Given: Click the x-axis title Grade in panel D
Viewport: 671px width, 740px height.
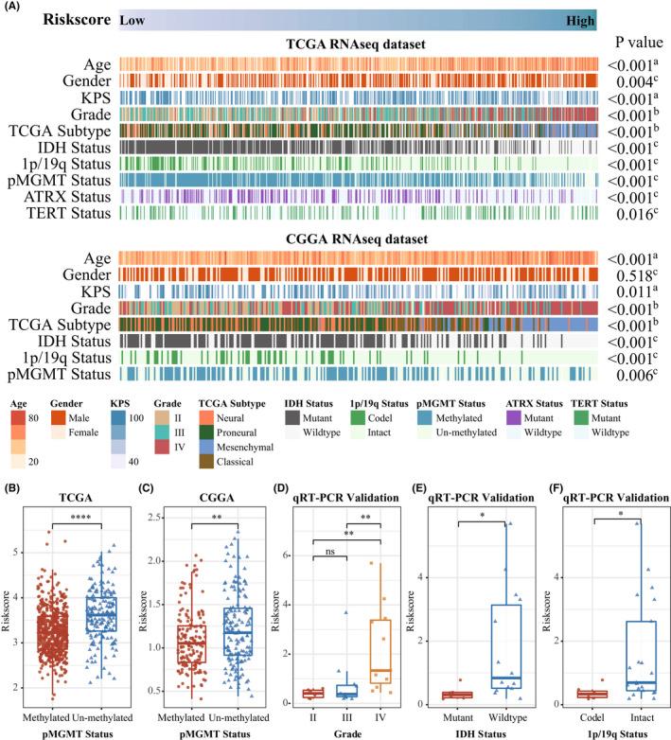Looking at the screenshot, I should [345, 731].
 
